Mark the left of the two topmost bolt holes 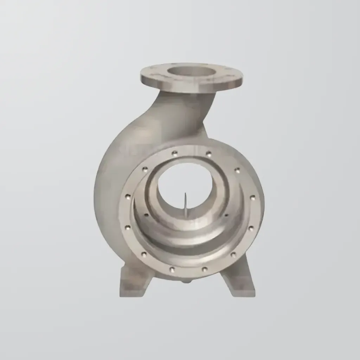click(174, 153)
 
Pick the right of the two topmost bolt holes click(208, 154)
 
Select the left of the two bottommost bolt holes click(172, 270)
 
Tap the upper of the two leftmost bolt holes click(128, 196)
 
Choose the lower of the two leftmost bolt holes click(128, 228)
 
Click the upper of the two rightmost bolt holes click(252, 198)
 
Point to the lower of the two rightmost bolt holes click(251, 228)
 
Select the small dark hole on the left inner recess click(146, 215)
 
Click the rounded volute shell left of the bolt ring click(109, 176)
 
